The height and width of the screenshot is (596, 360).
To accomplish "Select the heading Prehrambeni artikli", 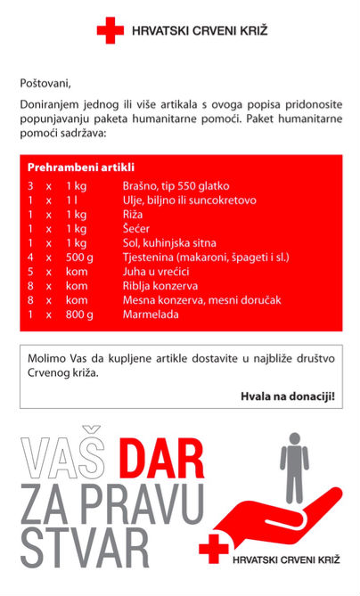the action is (80, 167).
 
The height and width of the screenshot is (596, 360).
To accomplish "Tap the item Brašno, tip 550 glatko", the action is (176, 186).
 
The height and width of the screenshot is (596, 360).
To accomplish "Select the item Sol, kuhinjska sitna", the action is (168, 243).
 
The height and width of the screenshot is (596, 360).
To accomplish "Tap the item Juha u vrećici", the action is (157, 272).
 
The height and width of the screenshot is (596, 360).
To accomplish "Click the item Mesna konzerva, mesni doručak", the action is (201, 300).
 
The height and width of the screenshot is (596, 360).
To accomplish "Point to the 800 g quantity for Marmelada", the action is (79, 314).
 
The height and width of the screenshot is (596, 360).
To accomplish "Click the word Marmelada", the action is (151, 314).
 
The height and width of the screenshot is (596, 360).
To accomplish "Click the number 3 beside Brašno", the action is (30, 186).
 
